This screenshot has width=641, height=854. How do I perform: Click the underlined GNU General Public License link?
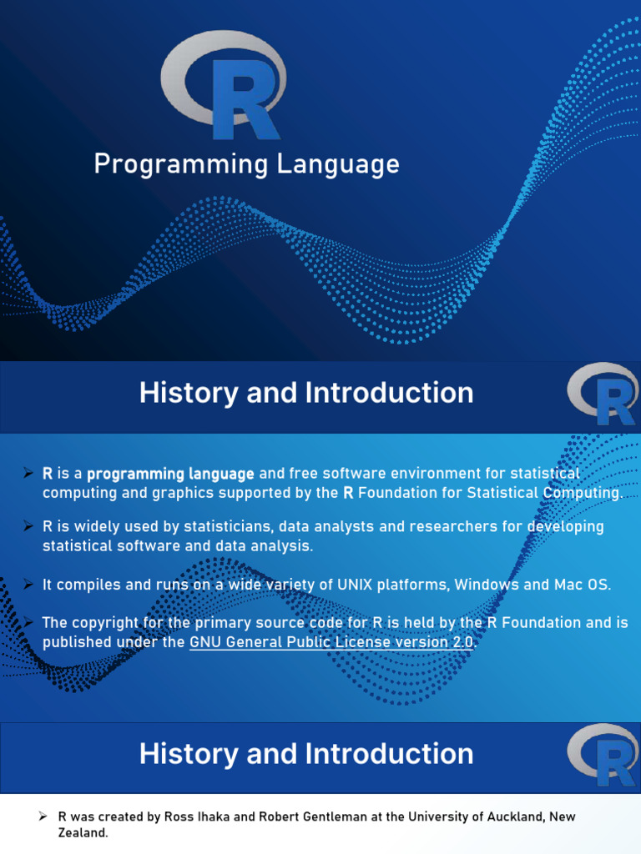click(331, 642)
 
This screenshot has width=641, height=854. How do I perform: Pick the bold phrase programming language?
click(170, 474)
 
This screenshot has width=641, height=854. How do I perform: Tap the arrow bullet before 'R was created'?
click(42, 816)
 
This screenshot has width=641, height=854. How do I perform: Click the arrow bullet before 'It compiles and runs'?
click(28, 584)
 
